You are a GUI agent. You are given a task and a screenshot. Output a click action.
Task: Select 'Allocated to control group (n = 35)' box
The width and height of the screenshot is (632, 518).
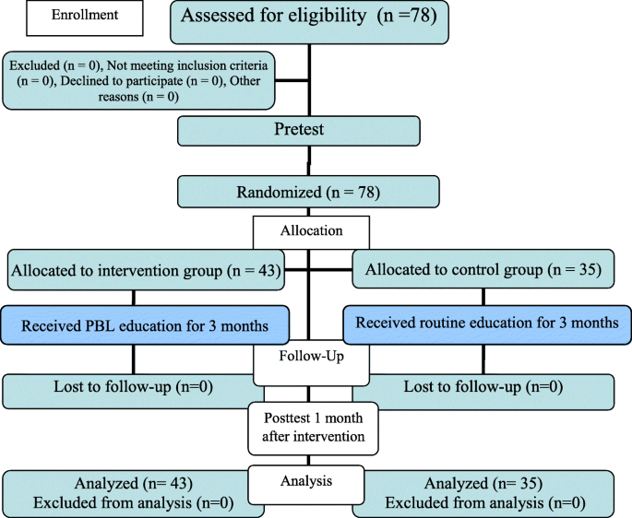(483, 270)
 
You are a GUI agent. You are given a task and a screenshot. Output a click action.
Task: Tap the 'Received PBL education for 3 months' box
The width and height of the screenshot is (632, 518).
(146, 324)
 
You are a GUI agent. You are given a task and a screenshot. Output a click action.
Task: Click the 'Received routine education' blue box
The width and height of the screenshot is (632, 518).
(487, 324)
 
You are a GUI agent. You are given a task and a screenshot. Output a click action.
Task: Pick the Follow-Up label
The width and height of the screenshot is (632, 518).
(310, 355)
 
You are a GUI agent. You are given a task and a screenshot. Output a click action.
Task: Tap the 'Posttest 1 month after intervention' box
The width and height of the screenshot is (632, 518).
(312, 427)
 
